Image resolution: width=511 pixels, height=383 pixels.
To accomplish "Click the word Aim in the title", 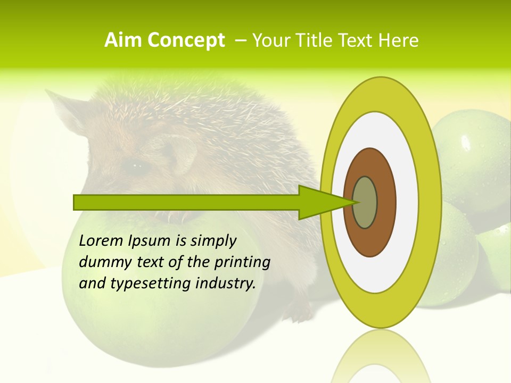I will [x=123, y=40].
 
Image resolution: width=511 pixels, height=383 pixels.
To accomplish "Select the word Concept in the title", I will [x=186, y=40].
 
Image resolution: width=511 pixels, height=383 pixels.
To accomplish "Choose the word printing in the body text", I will [x=242, y=262].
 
